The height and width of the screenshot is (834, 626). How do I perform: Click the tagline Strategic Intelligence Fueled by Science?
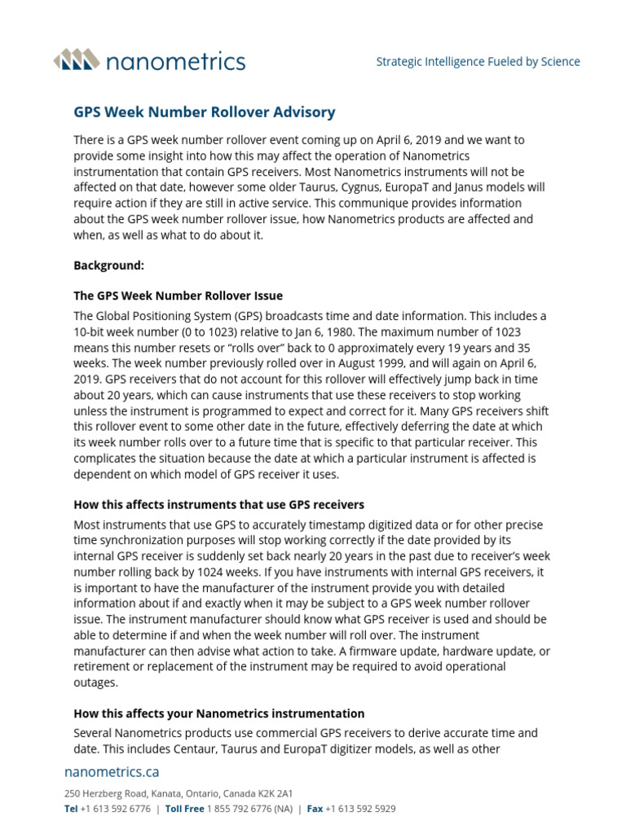point(478,62)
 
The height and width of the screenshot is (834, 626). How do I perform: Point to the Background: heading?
point(108,265)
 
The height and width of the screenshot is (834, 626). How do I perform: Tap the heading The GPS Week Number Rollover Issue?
point(179,296)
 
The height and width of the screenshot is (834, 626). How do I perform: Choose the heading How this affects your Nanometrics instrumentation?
point(219,713)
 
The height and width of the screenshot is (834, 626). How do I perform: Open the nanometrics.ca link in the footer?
point(112,770)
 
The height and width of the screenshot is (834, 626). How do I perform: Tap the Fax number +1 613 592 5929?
point(361,809)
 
